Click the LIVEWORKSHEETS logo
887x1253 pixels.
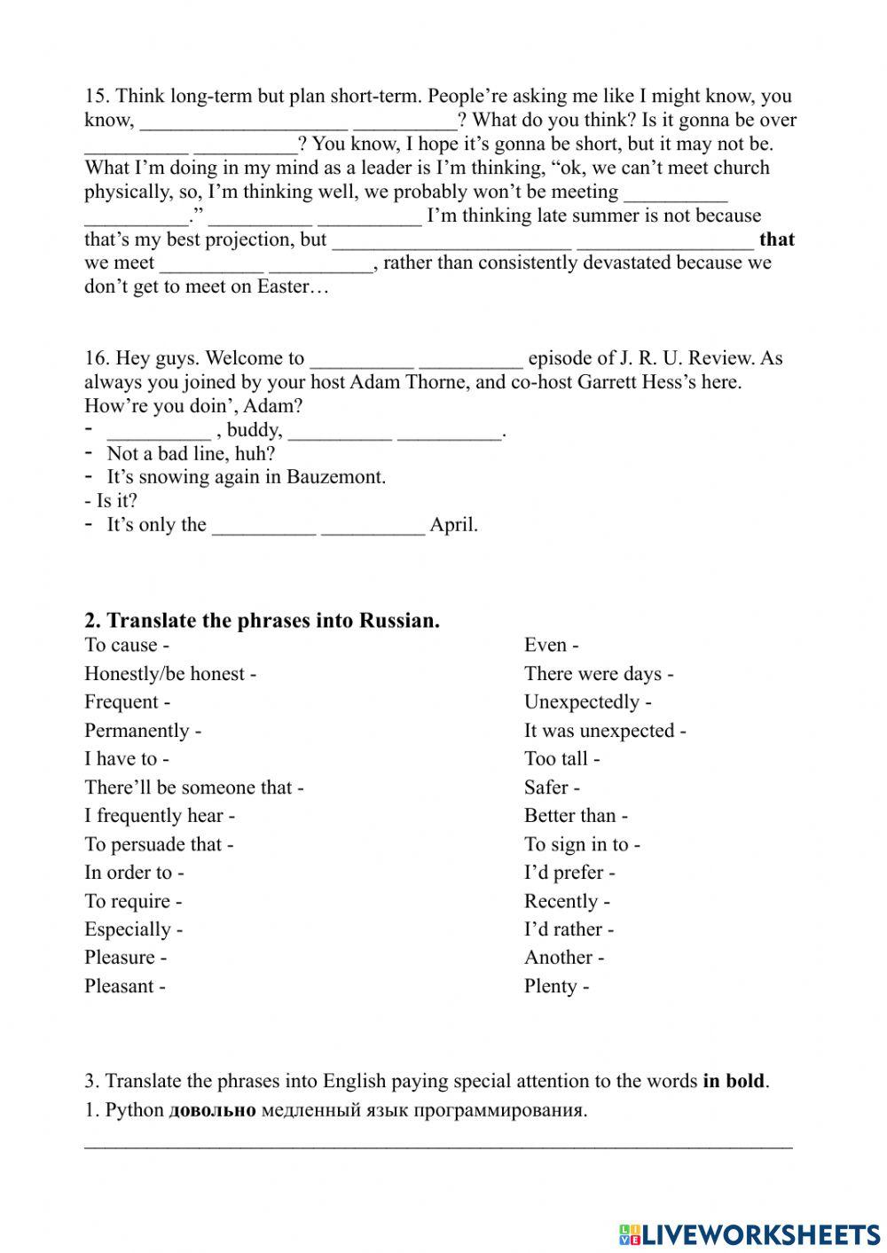pos(750,1233)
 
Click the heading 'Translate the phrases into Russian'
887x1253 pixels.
pos(272,620)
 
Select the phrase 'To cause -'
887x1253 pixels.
pos(126,646)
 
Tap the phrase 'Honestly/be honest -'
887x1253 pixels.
pos(169,674)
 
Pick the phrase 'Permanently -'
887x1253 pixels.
pos(142,731)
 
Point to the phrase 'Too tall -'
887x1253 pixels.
pos(561,759)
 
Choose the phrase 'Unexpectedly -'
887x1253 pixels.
pos(587,702)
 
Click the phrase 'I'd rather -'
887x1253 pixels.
pos(569,929)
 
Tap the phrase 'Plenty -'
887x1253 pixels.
pos(556,986)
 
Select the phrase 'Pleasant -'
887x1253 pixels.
pos(124,986)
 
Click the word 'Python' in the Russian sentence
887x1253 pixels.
pos(134,1110)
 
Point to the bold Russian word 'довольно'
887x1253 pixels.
pos(212,1110)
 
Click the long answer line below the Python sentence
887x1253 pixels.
pos(438,1146)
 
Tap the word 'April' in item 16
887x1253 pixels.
pos(452,525)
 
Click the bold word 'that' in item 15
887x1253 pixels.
pos(777,239)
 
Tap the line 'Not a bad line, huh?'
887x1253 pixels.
pos(191,454)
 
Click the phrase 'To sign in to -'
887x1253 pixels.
pos(582,844)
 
